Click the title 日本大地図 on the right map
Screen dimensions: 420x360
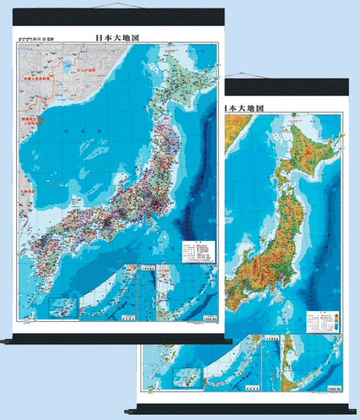244,108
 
